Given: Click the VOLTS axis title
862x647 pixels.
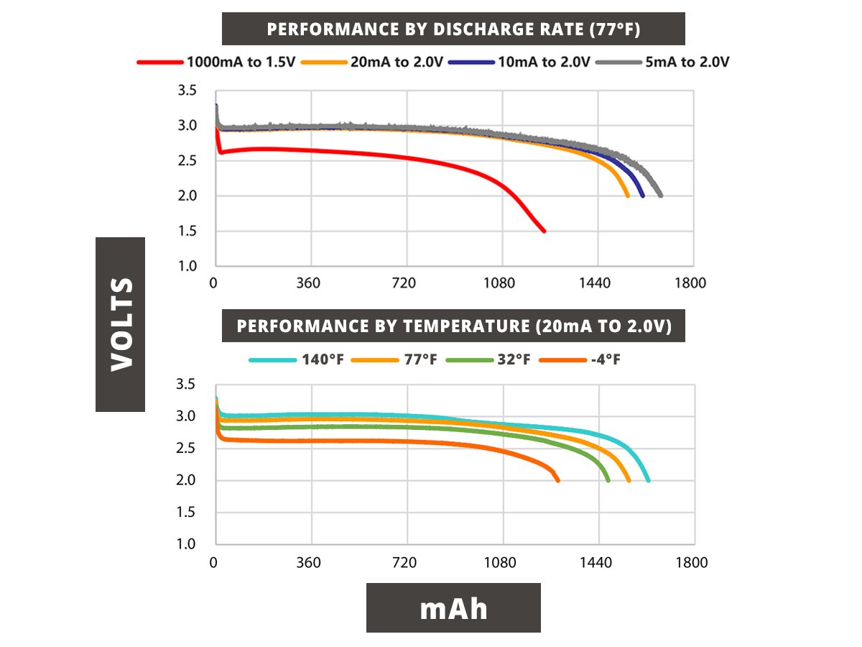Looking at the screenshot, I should [120, 324].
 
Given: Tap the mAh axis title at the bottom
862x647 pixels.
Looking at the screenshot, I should [453, 607].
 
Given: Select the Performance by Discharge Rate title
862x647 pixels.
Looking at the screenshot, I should [453, 29].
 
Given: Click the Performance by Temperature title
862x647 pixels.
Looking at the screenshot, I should [453, 326].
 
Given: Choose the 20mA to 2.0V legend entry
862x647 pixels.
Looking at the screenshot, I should [373, 63].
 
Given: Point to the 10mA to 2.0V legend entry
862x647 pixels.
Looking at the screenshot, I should [519, 63].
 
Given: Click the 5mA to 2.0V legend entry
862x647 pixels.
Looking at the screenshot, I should [667, 63].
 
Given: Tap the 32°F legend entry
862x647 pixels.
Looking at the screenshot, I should [488, 359].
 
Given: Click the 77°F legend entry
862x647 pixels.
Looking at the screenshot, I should [394, 359].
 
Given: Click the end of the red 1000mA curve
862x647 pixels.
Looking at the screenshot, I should [544, 231].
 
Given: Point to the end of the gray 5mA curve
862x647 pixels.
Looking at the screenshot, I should [660, 196].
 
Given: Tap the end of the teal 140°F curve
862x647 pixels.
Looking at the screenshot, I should [648, 480].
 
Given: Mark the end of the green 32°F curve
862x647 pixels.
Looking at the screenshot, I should [608, 480].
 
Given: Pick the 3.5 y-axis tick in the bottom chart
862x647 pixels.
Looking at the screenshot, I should [187, 385].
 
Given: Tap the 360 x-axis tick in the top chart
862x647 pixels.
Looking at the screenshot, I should [308, 283].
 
